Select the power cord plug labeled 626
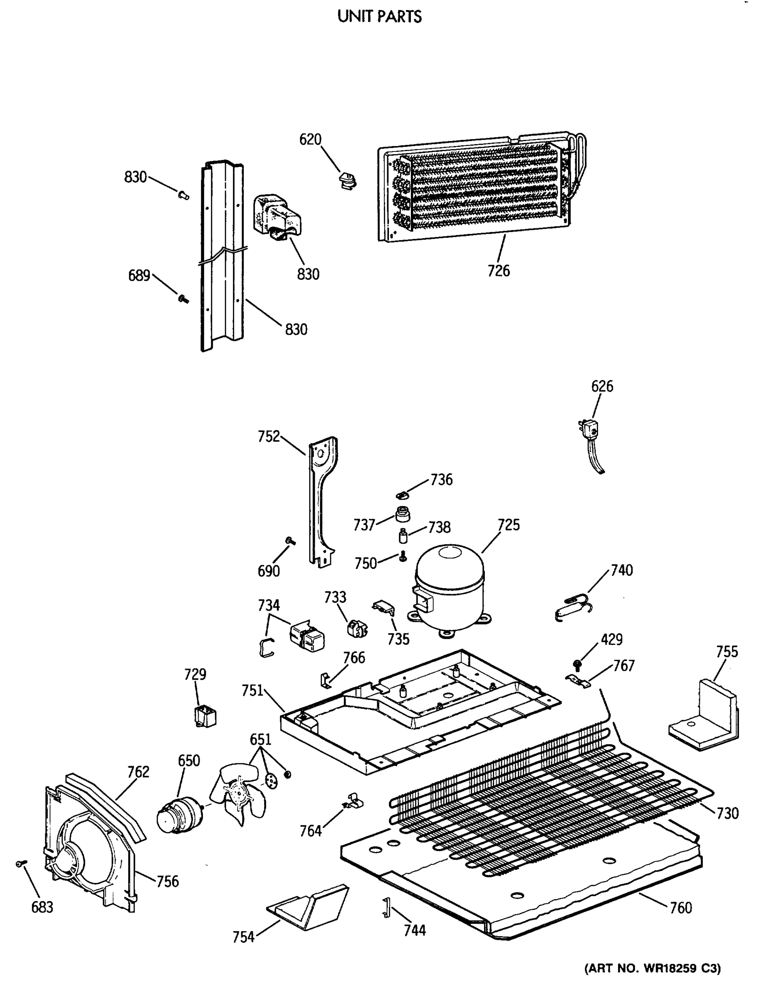[x=591, y=430]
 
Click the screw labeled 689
[x=183, y=299]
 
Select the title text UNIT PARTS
[x=379, y=17]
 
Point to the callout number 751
[x=252, y=691]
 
